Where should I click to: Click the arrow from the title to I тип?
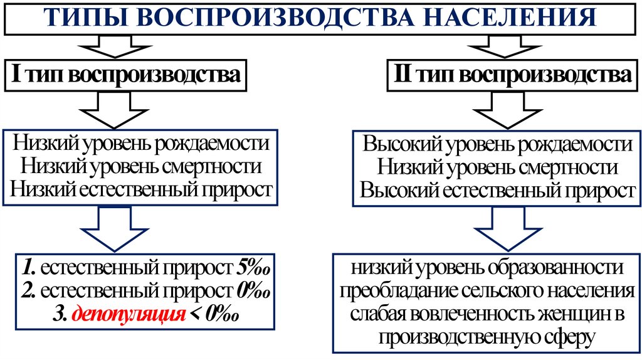point(113,46)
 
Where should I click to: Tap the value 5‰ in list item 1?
point(252,268)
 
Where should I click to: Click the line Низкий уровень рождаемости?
point(141,144)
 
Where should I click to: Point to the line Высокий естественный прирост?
point(498,190)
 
